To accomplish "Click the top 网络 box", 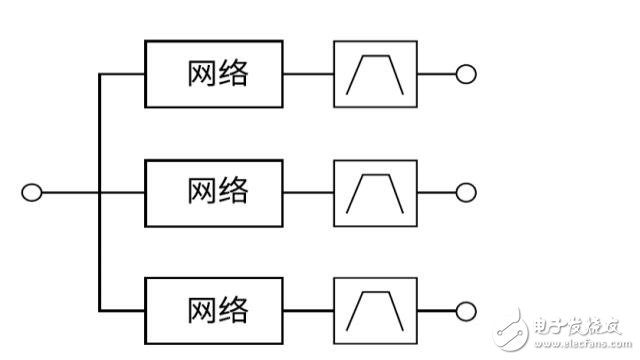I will click(x=215, y=74).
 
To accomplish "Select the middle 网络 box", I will click(x=215, y=191).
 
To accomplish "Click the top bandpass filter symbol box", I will click(x=374, y=74).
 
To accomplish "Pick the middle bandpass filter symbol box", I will click(x=374, y=191).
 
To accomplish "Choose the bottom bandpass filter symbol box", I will click(x=374, y=308).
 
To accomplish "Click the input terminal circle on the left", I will click(x=32, y=191).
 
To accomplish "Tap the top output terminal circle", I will click(x=464, y=74).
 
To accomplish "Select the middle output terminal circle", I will click(x=464, y=191).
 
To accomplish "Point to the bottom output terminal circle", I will click(x=464, y=308).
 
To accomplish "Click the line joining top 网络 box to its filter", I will click(x=309, y=74).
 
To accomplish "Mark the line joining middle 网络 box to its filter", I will click(x=309, y=191).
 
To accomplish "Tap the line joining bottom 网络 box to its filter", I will click(x=309, y=308).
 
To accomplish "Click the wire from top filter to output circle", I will click(x=434, y=74).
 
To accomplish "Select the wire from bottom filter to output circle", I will click(x=434, y=308).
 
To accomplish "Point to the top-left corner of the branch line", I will click(x=100, y=74).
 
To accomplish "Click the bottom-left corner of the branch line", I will click(x=100, y=308).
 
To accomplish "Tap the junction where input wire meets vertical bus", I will click(x=100, y=191).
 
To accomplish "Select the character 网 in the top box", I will click(x=200, y=74).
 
